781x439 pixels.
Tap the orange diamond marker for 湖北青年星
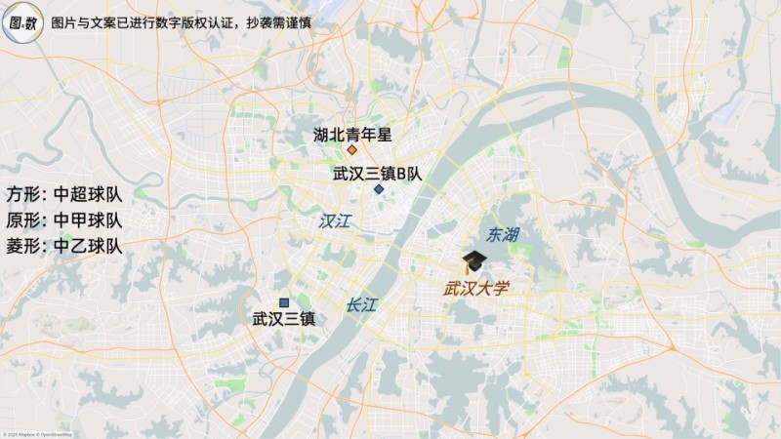click(x=351, y=151)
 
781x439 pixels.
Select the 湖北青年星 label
click(x=351, y=134)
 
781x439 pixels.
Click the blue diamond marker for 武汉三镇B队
click(x=378, y=189)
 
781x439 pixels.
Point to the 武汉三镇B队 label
click(x=377, y=174)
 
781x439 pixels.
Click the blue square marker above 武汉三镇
click(x=284, y=302)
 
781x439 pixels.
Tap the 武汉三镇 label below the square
click(x=283, y=318)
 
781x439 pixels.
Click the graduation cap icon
click(x=474, y=261)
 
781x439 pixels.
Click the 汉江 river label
click(x=334, y=221)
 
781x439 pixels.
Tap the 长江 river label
click(x=360, y=304)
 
